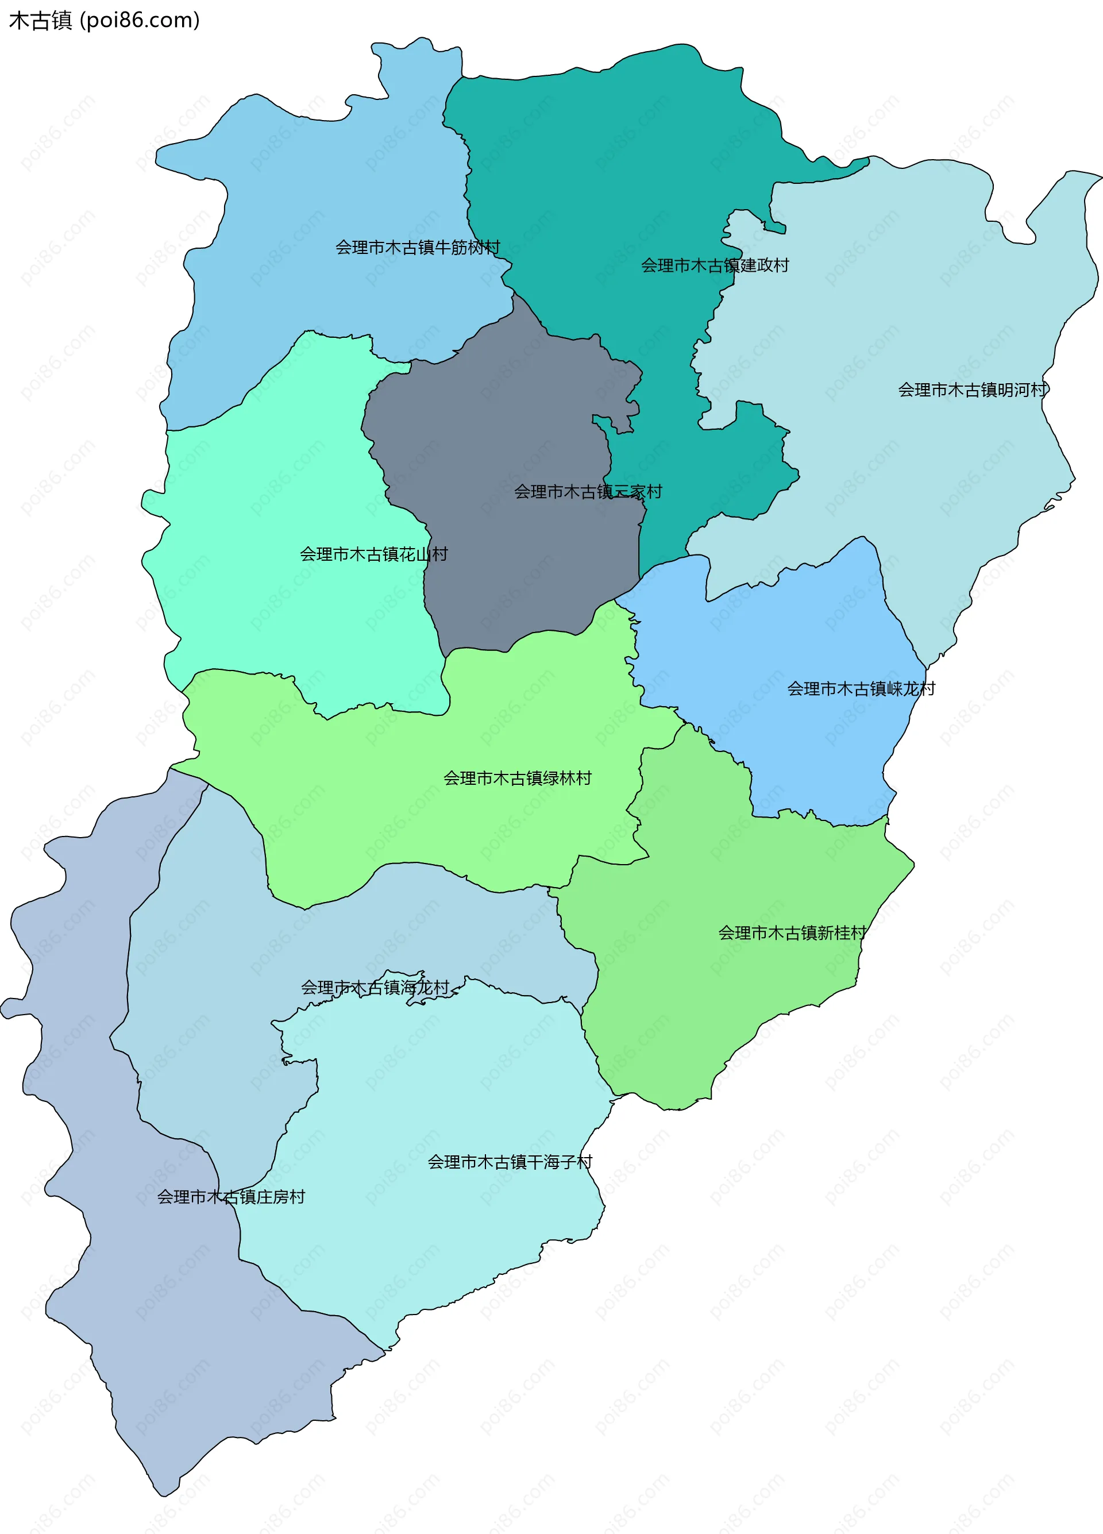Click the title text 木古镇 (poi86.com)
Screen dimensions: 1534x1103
click(104, 20)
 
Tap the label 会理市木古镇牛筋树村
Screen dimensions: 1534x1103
click(417, 248)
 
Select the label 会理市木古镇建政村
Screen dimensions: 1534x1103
click(715, 265)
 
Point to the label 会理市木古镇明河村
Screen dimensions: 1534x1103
click(972, 390)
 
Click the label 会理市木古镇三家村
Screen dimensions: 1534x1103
click(588, 492)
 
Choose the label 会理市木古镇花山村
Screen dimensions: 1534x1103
click(373, 554)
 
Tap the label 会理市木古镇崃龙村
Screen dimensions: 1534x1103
click(861, 688)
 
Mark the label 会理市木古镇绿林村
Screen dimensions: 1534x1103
click(518, 778)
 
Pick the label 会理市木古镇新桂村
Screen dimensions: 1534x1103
click(792, 932)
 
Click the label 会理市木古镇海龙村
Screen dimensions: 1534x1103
click(375, 988)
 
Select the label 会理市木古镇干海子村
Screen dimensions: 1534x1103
click(509, 1162)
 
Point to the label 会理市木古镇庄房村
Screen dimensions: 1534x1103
click(230, 1197)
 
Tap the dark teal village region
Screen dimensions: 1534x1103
click(608, 169)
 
